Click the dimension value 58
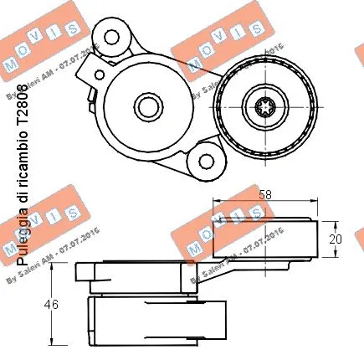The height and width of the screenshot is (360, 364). point(264,194)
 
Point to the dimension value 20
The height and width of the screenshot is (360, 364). point(336,238)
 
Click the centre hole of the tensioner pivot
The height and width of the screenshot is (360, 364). point(147,106)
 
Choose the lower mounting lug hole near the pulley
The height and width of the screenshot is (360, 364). point(203,158)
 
